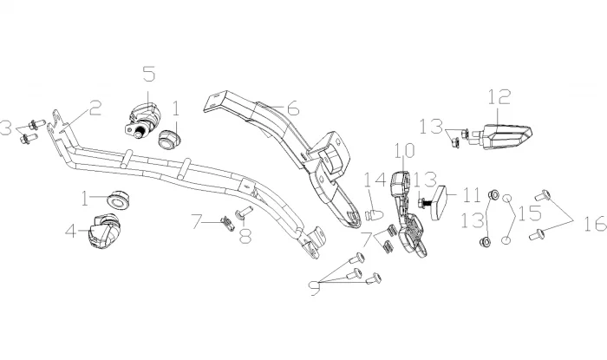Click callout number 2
[x=95, y=108]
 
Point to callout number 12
[x=499, y=97]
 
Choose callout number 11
[x=471, y=193]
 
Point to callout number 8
[x=245, y=234]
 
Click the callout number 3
[x=8, y=128]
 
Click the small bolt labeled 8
[x=243, y=210]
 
